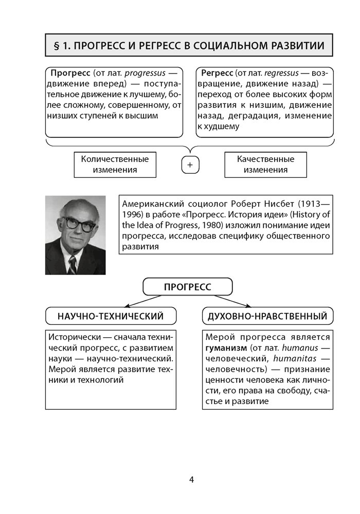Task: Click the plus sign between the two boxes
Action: [190, 165]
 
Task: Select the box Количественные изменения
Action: [115, 164]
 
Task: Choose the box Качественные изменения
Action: [265, 164]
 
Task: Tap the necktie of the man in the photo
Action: [73, 264]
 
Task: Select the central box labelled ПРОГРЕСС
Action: [187, 287]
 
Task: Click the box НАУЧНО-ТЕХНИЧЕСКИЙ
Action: [111, 316]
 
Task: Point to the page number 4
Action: [191, 480]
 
